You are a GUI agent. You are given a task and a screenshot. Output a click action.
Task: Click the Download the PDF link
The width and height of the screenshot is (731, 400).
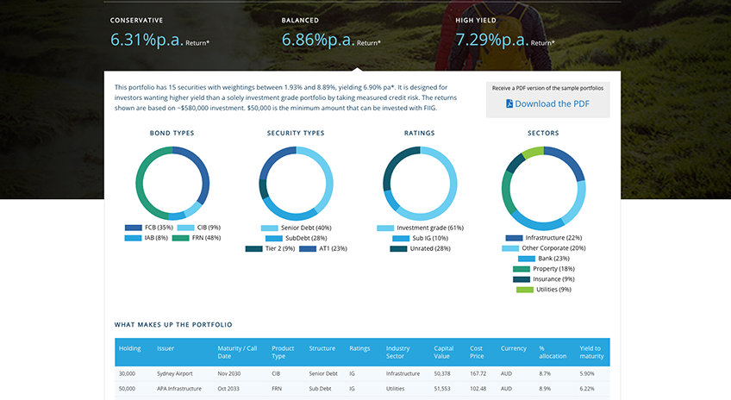[x=547, y=103]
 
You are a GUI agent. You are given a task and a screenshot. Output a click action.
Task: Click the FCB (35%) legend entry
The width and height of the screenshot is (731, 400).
[x=149, y=228]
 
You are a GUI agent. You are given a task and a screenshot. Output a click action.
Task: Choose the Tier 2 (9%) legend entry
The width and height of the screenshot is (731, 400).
[x=271, y=248]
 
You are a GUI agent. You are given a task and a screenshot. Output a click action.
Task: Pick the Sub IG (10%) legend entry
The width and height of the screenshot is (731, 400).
[x=420, y=238]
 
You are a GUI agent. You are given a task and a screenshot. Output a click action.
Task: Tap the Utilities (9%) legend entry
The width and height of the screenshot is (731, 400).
[x=544, y=290]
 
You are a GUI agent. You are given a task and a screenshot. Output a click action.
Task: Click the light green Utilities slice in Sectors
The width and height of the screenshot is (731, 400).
[x=532, y=151]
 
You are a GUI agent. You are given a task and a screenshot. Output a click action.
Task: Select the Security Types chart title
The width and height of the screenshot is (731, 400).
[x=296, y=133]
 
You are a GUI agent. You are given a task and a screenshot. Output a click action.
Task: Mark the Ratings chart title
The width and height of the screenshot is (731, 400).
[x=419, y=133]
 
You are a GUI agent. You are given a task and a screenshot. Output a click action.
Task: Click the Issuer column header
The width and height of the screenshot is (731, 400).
[x=166, y=348]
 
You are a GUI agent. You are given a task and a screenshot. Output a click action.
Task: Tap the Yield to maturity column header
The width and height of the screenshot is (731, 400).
[x=591, y=352]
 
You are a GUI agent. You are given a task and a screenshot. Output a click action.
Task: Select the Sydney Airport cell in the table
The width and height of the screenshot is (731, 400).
[x=174, y=373]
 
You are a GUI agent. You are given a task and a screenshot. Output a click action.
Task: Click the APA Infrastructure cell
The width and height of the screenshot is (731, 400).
[x=179, y=388]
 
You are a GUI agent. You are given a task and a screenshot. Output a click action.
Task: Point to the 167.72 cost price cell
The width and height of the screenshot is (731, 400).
[x=478, y=373]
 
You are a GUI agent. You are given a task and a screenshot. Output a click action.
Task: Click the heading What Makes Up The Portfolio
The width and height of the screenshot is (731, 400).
[x=173, y=324]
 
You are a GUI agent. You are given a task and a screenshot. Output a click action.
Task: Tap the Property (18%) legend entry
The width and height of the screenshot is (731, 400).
[x=544, y=269]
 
